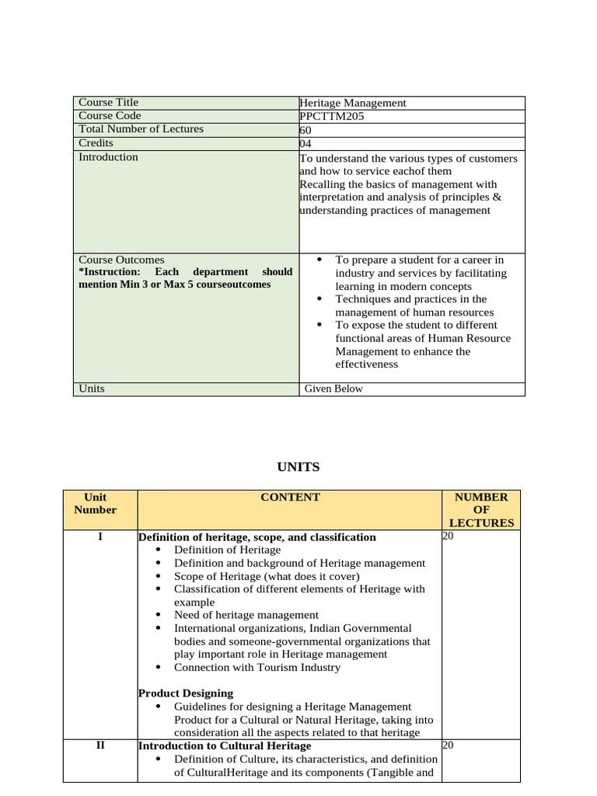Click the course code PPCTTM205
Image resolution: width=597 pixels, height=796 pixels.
click(331, 117)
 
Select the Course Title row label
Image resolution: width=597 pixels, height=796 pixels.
click(109, 103)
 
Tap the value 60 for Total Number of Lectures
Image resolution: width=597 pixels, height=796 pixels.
click(305, 130)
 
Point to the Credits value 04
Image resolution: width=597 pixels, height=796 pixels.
click(305, 144)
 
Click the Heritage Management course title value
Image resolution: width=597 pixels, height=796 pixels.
click(353, 103)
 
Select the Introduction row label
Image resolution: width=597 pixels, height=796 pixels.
click(109, 157)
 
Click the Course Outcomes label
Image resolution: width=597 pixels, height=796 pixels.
click(121, 260)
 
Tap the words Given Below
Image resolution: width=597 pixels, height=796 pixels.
click(333, 389)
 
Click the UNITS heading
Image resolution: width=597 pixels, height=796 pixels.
click(298, 467)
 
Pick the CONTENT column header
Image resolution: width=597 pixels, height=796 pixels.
click(290, 497)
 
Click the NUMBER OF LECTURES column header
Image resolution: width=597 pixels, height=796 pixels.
click(481, 510)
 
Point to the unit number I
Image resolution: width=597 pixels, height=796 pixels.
click(100, 537)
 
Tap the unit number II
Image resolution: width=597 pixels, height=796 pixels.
click(100, 745)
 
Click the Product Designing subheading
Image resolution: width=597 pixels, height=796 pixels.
click(186, 693)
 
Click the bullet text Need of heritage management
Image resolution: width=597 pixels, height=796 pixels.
click(246, 615)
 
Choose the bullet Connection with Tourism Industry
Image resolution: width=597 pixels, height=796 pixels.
click(257, 667)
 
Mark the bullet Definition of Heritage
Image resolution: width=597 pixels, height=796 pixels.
click(227, 550)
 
